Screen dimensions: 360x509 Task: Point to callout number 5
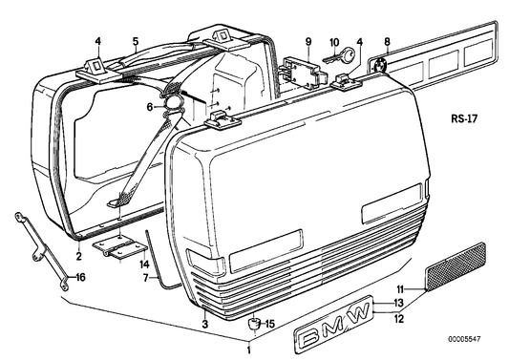point(135,41)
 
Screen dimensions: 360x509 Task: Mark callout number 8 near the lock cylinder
point(386,41)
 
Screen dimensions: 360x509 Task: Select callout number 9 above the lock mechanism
point(308,41)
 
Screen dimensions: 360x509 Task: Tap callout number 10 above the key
point(334,41)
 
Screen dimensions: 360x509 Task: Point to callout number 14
point(144,264)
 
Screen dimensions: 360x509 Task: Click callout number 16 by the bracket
point(80,278)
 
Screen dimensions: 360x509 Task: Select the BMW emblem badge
point(334,334)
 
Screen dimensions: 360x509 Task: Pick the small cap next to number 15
point(255,323)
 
